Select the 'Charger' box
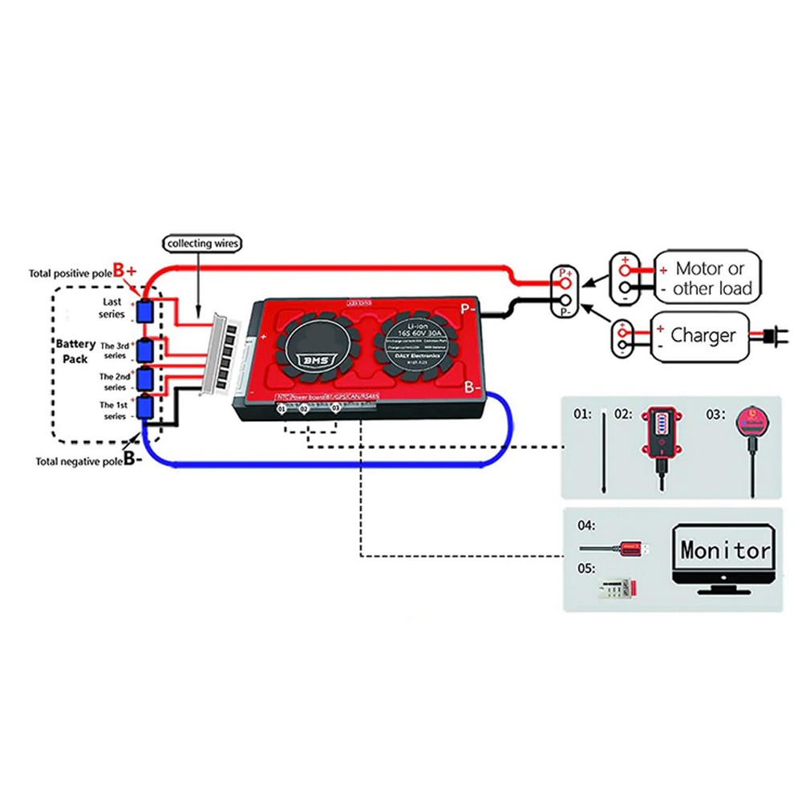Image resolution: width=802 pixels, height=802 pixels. (x=702, y=335)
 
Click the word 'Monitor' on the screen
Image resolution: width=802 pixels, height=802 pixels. (x=724, y=550)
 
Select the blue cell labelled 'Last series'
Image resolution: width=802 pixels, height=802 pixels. (x=145, y=312)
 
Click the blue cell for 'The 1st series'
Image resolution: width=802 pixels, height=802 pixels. (x=145, y=407)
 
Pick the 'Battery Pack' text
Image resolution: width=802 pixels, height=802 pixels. (x=75, y=351)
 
